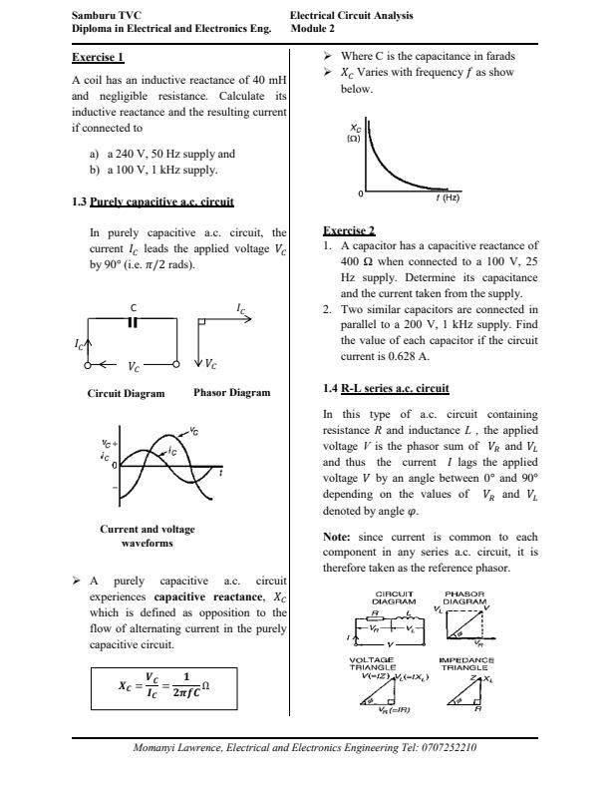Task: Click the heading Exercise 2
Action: click(x=349, y=229)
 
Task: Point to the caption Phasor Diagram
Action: click(x=231, y=393)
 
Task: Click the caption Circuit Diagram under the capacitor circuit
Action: click(x=126, y=393)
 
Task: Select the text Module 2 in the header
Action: click(x=314, y=29)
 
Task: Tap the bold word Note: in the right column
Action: click(x=340, y=536)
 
